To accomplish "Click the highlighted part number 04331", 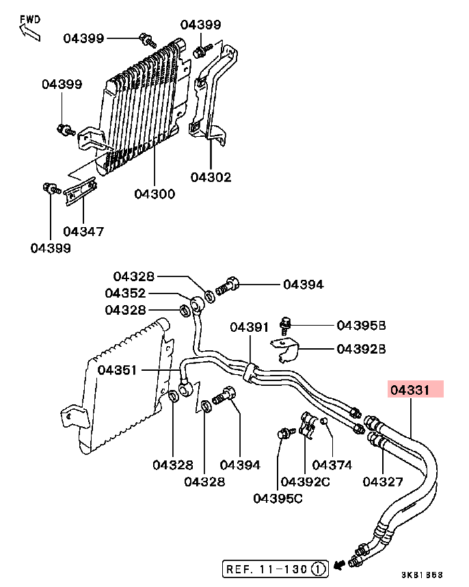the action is (410, 390).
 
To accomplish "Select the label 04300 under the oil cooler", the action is (155, 194).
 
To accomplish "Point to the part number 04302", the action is (211, 177).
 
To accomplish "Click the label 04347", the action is (83, 231).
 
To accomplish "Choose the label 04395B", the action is (361, 326).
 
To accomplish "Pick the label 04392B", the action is (361, 349).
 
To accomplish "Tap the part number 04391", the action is (250, 327).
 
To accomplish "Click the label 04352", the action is (125, 293).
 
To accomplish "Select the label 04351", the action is (117, 370).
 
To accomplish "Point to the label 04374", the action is (332, 465).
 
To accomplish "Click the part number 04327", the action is (383, 482).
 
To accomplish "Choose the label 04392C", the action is (305, 482).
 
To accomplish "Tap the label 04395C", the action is (278, 498).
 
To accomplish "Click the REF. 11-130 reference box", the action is (276, 569).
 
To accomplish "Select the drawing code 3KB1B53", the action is (423, 575).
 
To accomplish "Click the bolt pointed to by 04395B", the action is (285, 326).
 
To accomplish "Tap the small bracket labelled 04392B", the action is (285, 350).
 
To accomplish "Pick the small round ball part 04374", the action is (324, 421).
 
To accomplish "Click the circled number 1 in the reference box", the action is (319, 569).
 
